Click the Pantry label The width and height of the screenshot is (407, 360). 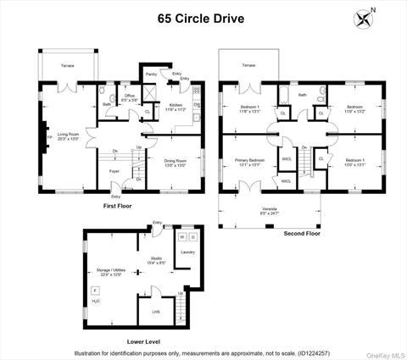[151, 75]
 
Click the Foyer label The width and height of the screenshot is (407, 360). [114, 170]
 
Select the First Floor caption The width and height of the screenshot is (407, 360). [121, 206]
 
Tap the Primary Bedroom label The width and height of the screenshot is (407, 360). [250, 163]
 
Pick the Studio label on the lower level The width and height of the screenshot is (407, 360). [156, 258]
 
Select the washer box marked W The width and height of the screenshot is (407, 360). [181, 237]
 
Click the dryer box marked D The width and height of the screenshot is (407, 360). [192, 237]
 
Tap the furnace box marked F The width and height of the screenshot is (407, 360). [94, 291]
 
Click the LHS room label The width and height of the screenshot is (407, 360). [156, 312]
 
